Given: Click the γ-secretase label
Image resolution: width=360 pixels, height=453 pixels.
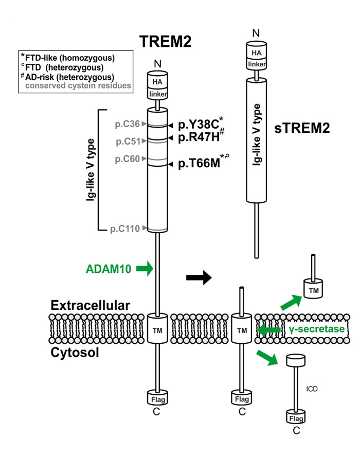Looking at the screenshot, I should [x=314, y=328].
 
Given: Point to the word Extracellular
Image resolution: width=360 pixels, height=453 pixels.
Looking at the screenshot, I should [x=90, y=305].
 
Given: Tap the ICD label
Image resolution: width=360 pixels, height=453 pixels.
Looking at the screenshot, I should [x=312, y=389].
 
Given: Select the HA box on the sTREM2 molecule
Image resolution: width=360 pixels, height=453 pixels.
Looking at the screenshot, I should [x=256, y=53].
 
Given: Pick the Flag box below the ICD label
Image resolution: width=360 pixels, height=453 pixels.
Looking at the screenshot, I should [x=296, y=415].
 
